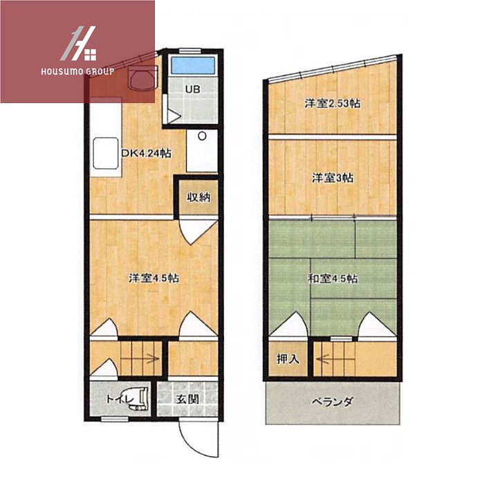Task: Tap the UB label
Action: pos(193,89)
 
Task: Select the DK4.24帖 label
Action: pos(147,154)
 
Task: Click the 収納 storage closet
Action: pos(199,198)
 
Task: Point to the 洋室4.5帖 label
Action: pos(154,278)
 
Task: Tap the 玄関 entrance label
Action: pos(187,399)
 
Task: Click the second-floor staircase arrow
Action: pos(335,359)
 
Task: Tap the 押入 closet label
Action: pos(288,359)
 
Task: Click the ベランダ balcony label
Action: pos(332,402)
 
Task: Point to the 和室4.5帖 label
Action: pos(333,279)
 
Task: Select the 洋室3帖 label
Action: pos(333,178)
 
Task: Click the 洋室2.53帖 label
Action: pos(333,103)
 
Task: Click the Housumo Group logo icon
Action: pos(78,44)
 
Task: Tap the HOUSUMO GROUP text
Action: pos(77,71)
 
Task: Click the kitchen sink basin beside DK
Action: pos(106,154)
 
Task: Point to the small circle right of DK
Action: pos(202,136)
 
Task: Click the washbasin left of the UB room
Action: pos(143,79)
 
